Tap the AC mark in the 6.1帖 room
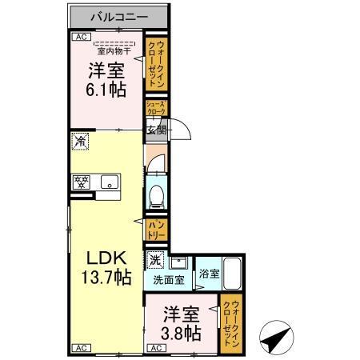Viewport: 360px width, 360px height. point(80,37)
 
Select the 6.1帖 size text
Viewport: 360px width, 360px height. point(106,90)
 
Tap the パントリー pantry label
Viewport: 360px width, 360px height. point(156,231)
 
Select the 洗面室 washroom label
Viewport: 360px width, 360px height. point(168,281)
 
